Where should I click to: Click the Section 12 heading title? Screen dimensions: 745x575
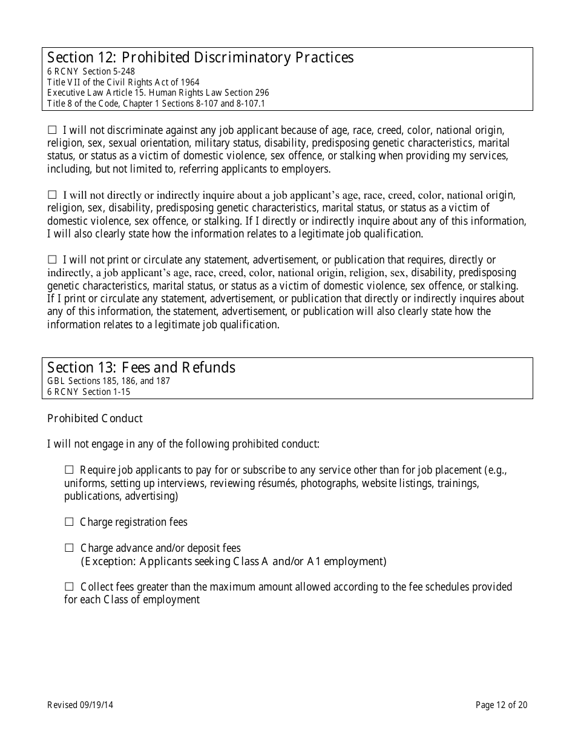[x=200, y=58]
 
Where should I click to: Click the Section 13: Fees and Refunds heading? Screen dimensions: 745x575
[x=141, y=368]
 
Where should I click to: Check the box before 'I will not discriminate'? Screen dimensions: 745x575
[x=52, y=130]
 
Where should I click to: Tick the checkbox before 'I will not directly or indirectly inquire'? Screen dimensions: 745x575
[x=52, y=194]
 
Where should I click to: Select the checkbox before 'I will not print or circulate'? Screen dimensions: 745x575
[x=52, y=259]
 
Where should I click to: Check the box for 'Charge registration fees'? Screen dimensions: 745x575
[x=69, y=521]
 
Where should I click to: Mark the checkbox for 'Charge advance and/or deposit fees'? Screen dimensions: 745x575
[x=69, y=548]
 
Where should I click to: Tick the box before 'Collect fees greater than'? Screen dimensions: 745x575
[x=69, y=586]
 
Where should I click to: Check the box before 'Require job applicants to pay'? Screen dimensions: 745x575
[x=69, y=469]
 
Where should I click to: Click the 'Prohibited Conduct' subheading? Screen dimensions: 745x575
[x=95, y=419]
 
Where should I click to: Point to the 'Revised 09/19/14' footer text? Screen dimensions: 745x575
[x=87, y=704]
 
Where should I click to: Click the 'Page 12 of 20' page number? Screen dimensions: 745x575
[x=501, y=704]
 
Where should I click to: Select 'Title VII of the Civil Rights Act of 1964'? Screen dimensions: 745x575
[x=123, y=82]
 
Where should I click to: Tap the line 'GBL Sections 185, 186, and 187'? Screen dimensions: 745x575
[x=108, y=381]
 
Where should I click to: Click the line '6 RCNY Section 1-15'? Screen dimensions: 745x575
[x=88, y=392]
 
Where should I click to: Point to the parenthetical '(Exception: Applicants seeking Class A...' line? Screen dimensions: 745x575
[x=233, y=561]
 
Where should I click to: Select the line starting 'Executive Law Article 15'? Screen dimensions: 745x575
[x=158, y=93]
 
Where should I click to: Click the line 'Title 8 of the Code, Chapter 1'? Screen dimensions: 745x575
[x=156, y=104]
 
